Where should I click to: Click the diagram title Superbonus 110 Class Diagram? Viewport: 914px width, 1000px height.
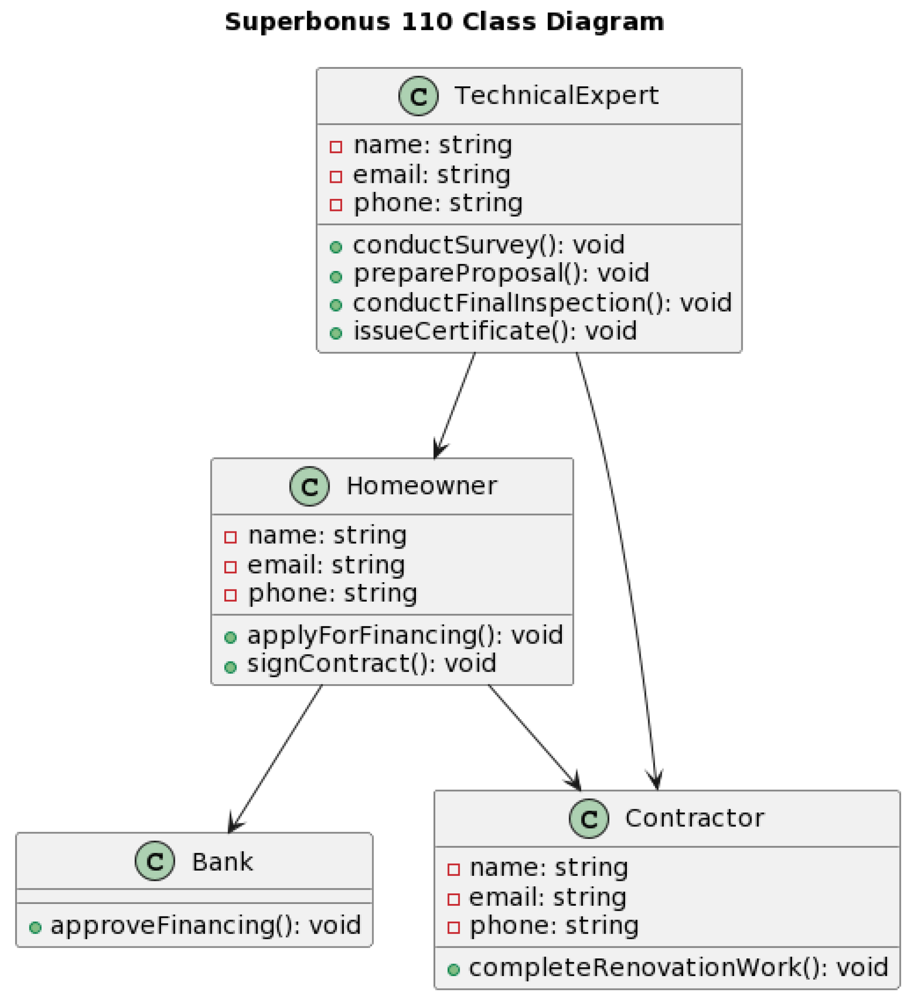tap(444, 22)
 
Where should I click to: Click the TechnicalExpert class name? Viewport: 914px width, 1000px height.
tap(556, 95)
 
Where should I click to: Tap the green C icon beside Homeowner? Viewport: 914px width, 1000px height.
tap(309, 487)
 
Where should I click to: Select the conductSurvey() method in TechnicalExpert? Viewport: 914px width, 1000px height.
tap(488, 245)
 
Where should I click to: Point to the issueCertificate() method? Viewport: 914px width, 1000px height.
tap(494, 331)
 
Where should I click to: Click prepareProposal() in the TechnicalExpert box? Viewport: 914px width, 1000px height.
tap(500, 273)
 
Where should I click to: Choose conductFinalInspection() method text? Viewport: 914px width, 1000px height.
tap(541, 303)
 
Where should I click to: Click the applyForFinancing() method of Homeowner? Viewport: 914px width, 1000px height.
tap(405, 636)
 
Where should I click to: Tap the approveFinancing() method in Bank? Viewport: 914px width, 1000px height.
tap(205, 926)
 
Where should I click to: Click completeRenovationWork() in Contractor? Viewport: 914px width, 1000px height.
tap(678, 968)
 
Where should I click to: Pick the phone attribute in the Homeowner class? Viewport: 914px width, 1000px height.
tap(332, 594)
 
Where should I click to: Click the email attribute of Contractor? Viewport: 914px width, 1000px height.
tap(547, 898)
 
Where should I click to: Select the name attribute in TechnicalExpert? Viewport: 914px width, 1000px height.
tap(432, 145)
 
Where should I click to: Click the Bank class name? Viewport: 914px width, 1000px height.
tap(222, 862)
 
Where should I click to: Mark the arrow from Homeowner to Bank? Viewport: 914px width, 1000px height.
tap(276, 759)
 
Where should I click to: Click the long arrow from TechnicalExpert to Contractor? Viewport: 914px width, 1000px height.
tap(626, 571)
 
